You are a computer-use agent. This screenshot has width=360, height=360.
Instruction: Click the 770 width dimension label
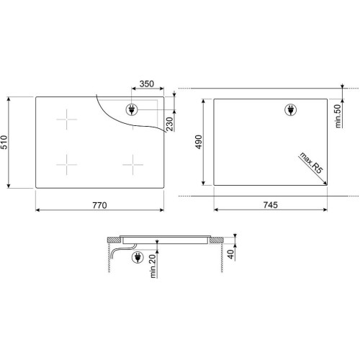[99, 205]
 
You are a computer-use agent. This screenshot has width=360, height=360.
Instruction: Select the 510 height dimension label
[4, 142]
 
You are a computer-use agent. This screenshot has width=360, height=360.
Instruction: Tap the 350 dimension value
[147, 84]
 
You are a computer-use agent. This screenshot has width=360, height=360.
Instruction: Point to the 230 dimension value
[169, 124]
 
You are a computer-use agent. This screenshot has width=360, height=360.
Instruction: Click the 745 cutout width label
[271, 205]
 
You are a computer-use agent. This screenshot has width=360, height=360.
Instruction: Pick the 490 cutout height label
[199, 142]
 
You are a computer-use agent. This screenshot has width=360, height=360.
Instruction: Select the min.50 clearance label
[338, 116]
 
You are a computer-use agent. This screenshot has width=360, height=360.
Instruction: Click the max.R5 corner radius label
[310, 163]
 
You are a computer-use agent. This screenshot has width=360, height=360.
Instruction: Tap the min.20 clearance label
[153, 266]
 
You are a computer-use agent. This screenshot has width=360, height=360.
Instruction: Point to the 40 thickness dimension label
[230, 254]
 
